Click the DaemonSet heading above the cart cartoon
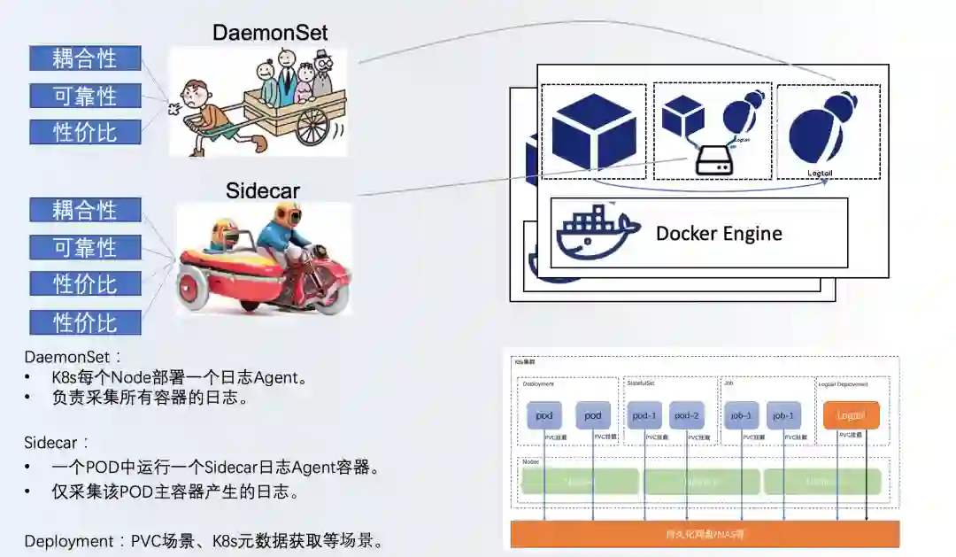tap(270, 34)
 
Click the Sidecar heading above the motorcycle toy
tap(263, 190)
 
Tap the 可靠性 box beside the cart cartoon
tap(85, 96)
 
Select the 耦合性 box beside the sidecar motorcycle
tap(85, 211)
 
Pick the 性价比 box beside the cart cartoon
tap(85, 132)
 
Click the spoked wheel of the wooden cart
tap(313, 126)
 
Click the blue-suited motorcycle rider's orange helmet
tap(285, 215)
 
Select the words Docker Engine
tap(719, 234)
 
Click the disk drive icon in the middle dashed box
tap(712, 160)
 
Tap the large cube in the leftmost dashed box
tap(592, 131)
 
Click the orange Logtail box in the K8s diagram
tap(851, 415)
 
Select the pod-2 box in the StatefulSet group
tap(687, 415)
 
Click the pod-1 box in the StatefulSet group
tap(644, 415)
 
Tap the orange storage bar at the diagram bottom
tap(705, 534)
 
